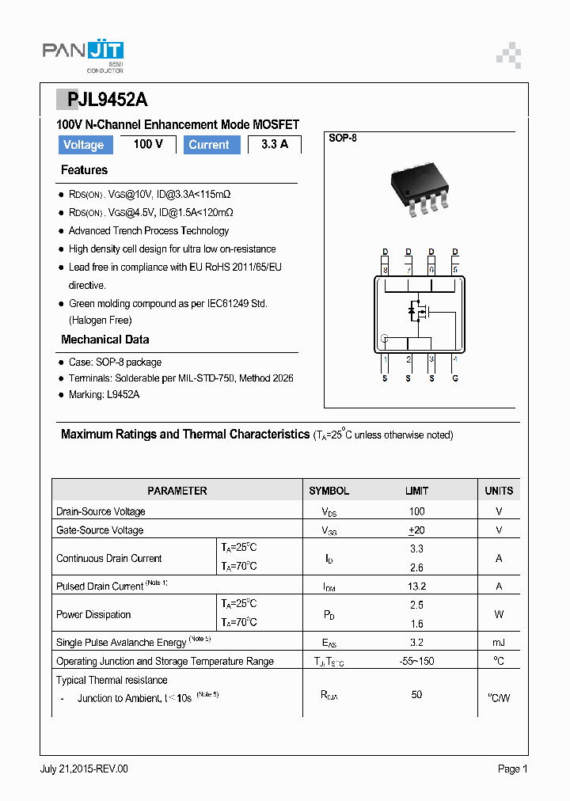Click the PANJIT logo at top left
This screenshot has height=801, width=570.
coord(82,54)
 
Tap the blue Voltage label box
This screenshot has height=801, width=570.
coord(83,145)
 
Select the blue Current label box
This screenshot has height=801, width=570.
coord(211,145)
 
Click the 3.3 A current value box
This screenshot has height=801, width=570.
coord(274,144)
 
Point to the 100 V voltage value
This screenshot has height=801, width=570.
coord(148,144)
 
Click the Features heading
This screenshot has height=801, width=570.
coord(84,170)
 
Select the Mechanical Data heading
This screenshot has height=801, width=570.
coord(104,340)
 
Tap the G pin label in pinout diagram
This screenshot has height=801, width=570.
coord(454,379)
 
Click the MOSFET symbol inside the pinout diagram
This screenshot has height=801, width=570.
coord(417,311)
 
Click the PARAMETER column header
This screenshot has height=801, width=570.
coord(177,491)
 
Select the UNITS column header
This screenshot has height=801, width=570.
coord(499,491)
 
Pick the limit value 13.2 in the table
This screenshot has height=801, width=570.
coord(416,587)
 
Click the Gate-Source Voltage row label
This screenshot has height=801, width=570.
coord(100,530)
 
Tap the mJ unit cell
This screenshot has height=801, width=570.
coord(499,643)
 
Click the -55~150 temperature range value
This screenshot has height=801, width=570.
coord(416,661)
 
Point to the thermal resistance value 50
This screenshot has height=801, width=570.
coord(416,694)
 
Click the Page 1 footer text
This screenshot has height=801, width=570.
coord(512,769)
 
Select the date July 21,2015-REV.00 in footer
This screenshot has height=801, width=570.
coord(84,769)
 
